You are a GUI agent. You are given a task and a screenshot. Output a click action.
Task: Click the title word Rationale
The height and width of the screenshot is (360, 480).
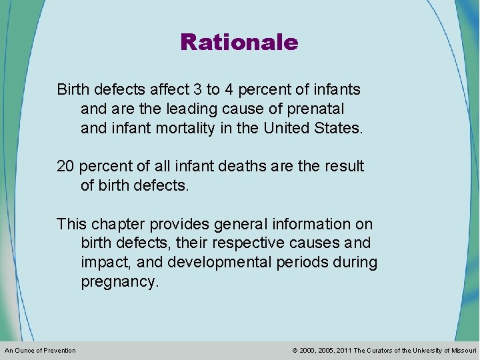pos(239,43)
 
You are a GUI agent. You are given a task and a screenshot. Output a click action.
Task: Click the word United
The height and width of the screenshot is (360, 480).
pos(289,127)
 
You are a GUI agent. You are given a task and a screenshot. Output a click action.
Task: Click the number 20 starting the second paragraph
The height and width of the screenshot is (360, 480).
pos(66,165)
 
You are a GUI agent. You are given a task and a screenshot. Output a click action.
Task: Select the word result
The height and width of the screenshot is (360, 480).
pos(343,165)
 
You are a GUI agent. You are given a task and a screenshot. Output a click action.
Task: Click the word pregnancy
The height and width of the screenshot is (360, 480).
pos(120,282)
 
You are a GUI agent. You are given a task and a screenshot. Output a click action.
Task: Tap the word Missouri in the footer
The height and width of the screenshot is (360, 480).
pos(465,351)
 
